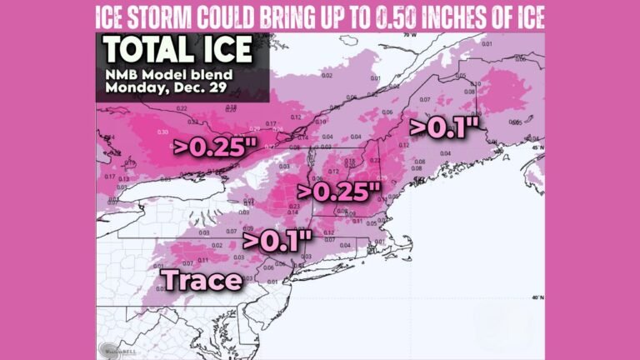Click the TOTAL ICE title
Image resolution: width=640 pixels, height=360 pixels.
coord(177,51)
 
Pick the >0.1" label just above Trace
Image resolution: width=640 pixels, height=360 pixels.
coord(277,240)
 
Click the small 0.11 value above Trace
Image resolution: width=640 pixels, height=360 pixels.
coord(202,259)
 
